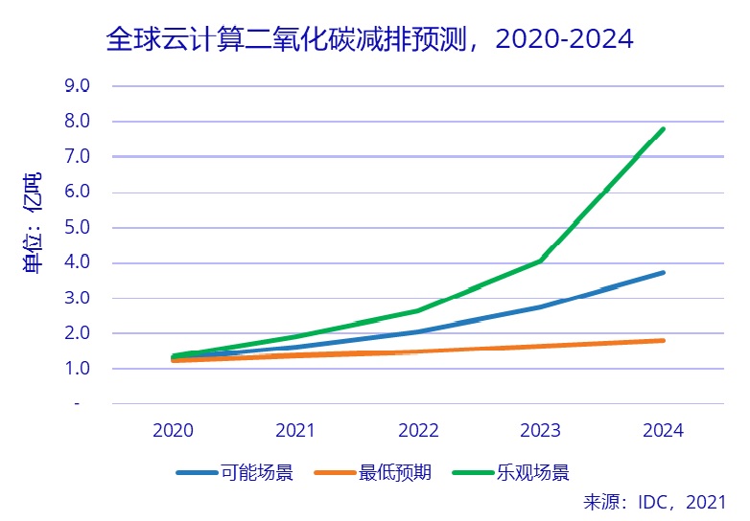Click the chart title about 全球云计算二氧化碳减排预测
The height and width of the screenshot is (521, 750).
369,39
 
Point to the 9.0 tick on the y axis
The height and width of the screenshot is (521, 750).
77,85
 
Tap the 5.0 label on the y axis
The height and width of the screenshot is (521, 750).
77,227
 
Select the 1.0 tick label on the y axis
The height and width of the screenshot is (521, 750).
77,369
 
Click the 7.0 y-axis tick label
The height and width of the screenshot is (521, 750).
77,156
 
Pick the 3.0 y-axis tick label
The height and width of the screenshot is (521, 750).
77,298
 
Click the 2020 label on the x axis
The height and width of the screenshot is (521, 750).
173,430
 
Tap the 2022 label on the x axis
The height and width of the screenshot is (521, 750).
418,430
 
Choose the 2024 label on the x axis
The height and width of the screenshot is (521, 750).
663,430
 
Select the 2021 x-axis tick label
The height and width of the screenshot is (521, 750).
295,430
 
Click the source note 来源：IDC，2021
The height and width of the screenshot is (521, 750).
654,502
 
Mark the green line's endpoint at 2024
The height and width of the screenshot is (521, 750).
663,129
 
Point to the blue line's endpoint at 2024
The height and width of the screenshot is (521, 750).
663,273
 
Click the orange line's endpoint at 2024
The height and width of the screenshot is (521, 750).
663,340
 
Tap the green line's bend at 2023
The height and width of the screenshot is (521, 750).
541,260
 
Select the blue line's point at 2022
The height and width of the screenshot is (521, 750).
418,331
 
